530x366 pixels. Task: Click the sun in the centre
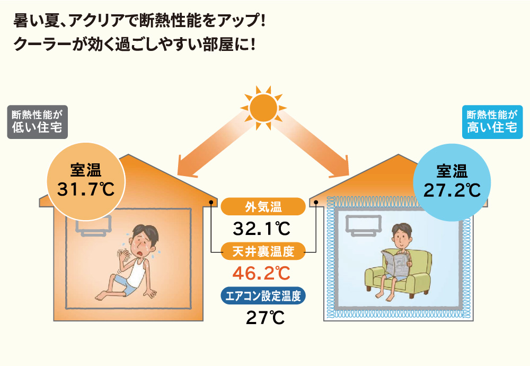(263, 108)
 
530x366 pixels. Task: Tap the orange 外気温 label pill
(263, 206)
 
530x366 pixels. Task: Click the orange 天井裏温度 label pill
(263, 251)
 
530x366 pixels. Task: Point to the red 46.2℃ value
(261, 273)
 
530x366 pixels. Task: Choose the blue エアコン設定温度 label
(263, 296)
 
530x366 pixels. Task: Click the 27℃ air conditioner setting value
(266, 318)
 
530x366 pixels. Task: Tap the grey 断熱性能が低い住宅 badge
(38, 122)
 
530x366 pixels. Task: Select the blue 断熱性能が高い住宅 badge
(492, 122)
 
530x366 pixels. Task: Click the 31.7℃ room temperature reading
(86, 189)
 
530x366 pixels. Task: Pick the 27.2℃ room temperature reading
(452, 190)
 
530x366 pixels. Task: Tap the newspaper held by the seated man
(396, 263)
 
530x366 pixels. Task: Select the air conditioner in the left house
(93, 225)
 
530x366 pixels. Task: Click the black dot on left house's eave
(211, 202)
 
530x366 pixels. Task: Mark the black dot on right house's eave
(316, 202)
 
